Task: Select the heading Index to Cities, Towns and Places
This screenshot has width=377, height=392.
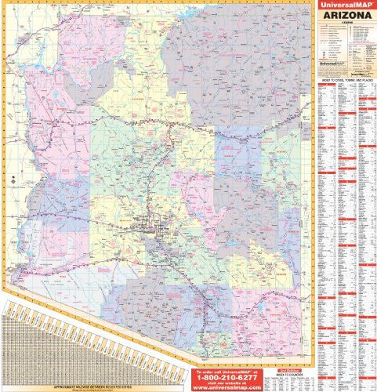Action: (x=346, y=82)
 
